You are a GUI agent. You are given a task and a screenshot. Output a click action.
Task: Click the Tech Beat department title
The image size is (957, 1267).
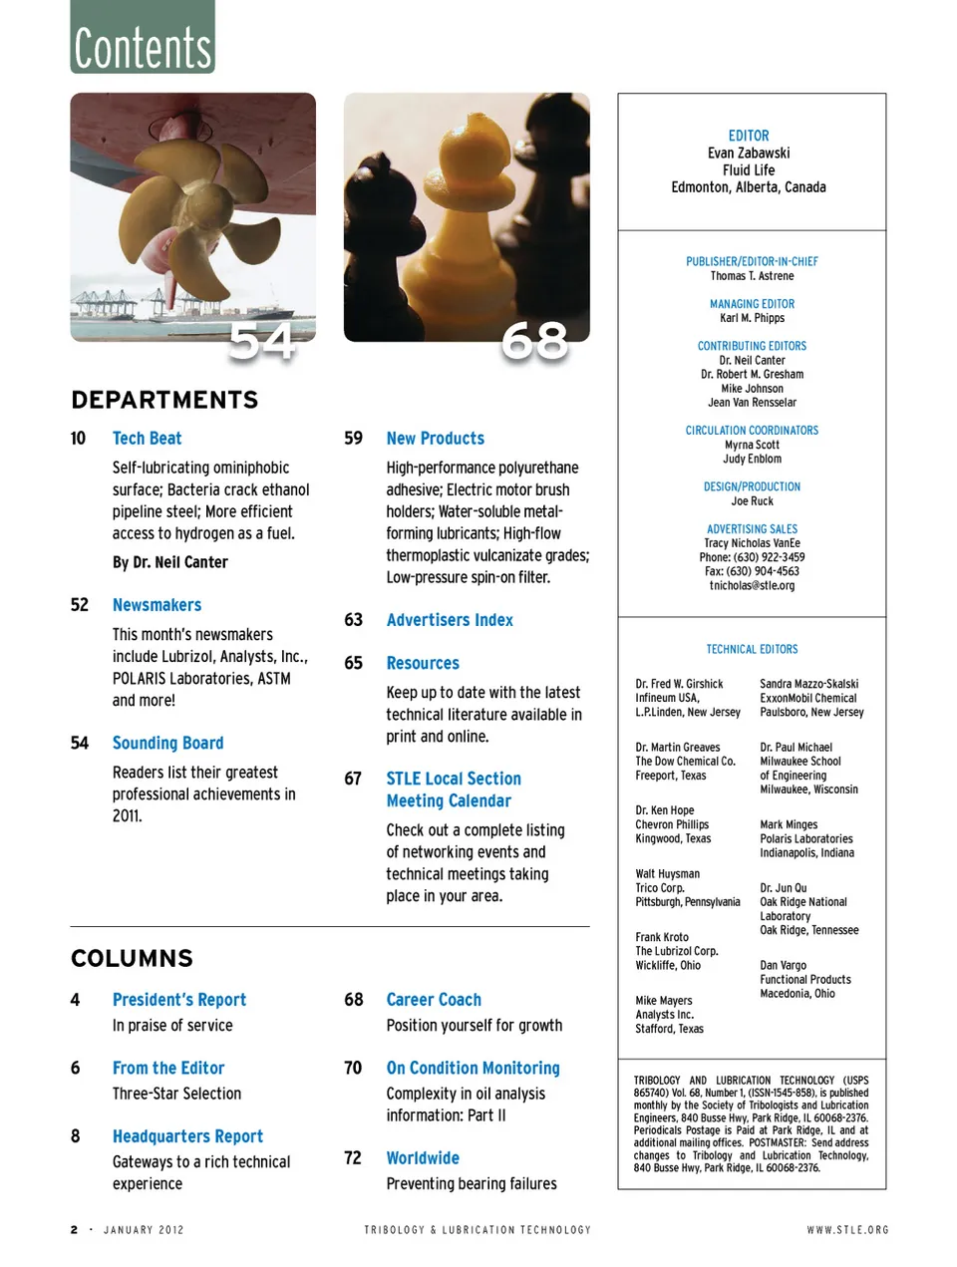pyautogui.click(x=147, y=439)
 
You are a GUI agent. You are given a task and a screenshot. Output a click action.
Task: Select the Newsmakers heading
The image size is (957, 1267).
pyautogui.click(x=157, y=605)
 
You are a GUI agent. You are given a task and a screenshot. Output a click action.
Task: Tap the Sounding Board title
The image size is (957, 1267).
pyautogui.click(x=167, y=743)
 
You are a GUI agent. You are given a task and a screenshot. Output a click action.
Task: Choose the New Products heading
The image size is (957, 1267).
pyautogui.click(x=435, y=439)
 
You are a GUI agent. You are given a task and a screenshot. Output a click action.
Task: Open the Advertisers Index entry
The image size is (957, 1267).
pyautogui.click(x=450, y=620)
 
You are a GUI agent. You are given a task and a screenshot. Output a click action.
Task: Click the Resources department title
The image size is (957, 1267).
pyautogui.click(x=423, y=663)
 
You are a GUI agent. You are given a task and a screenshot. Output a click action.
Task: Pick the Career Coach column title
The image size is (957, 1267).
pyautogui.click(x=434, y=1000)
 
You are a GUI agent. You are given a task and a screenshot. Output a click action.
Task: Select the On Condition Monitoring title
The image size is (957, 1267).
pyautogui.click(x=473, y=1068)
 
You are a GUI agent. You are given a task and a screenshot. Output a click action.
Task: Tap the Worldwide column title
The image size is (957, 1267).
pyautogui.click(x=423, y=1157)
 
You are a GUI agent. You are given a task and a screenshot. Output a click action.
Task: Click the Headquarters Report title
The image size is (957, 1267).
pyautogui.click(x=187, y=1136)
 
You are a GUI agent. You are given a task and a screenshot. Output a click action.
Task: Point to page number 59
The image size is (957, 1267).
pyautogui.click(x=353, y=439)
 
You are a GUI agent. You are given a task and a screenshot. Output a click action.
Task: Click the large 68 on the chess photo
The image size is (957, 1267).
pyautogui.click(x=534, y=341)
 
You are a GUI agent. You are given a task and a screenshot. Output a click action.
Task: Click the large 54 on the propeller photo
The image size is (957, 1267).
pyautogui.click(x=261, y=341)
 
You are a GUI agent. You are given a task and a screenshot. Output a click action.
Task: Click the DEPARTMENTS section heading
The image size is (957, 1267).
pyautogui.click(x=164, y=400)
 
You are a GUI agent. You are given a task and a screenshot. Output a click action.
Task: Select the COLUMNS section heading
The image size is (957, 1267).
pyautogui.click(x=132, y=958)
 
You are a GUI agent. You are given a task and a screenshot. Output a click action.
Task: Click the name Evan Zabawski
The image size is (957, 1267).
pyautogui.click(x=749, y=154)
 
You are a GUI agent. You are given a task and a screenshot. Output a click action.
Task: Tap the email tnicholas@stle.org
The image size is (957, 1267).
pyautogui.click(x=752, y=585)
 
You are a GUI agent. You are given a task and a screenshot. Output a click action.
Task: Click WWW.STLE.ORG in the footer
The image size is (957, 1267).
pyautogui.click(x=847, y=1230)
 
